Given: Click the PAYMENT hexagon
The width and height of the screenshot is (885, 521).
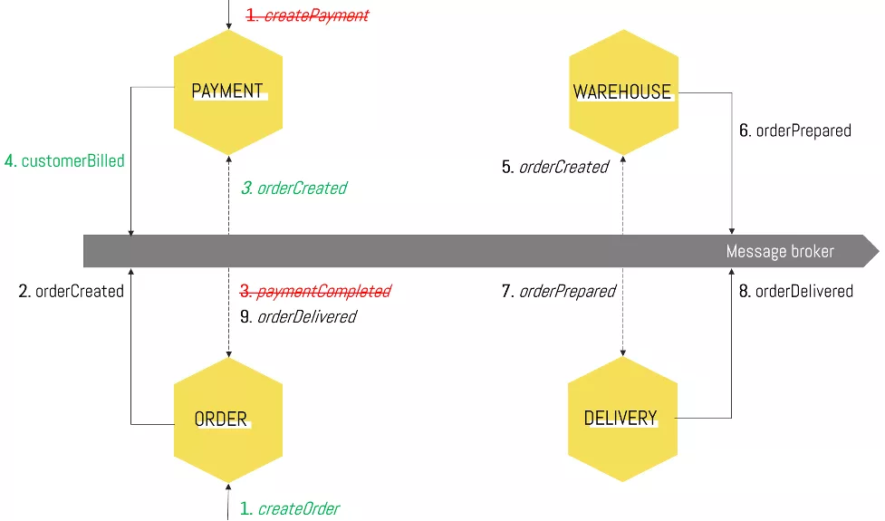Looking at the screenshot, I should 228,91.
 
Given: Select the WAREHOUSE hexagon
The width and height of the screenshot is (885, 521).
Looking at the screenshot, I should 622,92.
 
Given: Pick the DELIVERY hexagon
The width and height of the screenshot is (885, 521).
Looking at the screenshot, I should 621,419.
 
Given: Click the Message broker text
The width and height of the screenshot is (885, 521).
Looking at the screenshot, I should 780,251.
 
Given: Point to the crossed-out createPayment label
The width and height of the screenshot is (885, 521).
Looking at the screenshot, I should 308,15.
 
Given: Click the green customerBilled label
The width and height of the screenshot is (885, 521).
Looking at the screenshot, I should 64,161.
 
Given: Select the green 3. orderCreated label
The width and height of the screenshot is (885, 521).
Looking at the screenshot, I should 293,188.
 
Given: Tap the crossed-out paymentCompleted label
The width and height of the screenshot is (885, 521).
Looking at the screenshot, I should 314,291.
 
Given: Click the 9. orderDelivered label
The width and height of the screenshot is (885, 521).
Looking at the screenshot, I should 298,316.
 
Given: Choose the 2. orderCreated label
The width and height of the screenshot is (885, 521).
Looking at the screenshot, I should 71,292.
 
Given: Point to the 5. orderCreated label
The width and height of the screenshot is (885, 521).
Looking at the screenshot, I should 554,167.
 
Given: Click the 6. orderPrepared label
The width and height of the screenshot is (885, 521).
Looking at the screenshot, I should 795,130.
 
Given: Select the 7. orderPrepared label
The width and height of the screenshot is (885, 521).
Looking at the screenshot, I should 558,292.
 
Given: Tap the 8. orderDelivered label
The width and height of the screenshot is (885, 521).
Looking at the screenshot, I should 796,292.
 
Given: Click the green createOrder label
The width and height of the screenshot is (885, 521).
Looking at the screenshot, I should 290,509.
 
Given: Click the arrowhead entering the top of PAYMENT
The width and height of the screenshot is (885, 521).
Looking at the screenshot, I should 228,24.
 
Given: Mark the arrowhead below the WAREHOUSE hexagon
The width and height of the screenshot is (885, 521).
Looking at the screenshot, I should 622,160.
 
